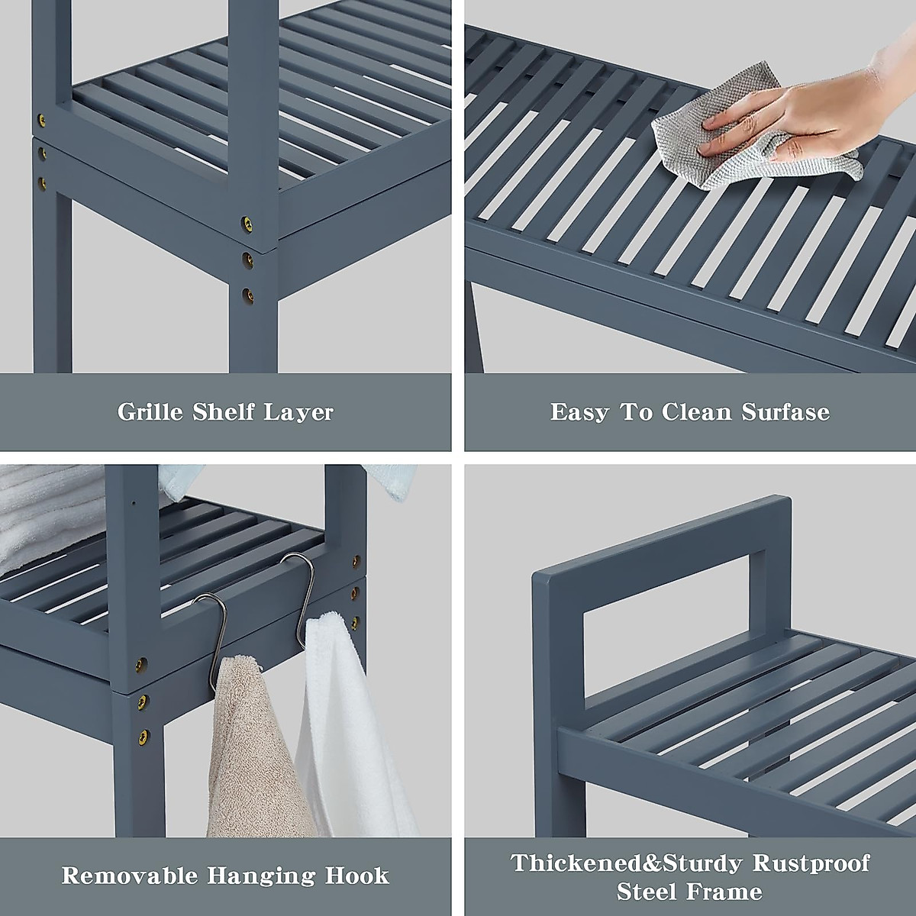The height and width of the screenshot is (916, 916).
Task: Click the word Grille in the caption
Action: point(150,412)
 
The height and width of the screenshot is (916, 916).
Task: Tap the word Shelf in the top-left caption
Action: point(224,412)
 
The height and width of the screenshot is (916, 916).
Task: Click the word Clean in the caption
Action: point(696,412)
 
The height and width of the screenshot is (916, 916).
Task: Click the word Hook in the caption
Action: point(357,875)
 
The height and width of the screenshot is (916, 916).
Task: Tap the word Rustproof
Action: point(811,863)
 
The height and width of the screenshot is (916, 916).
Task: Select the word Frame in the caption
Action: point(726,891)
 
